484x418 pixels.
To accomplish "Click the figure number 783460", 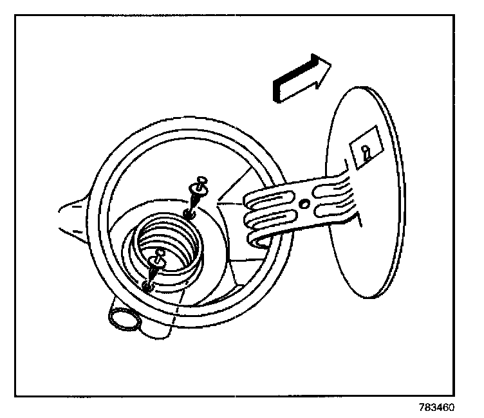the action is (437, 407).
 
